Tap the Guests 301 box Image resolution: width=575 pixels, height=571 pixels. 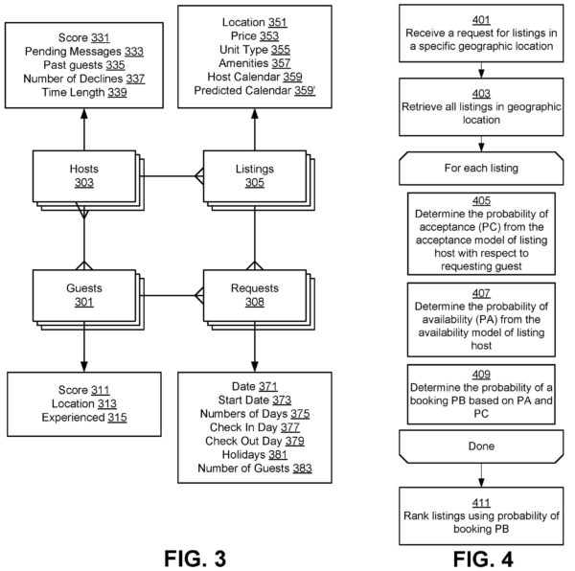click(x=83, y=294)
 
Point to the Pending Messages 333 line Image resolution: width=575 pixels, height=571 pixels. click(x=83, y=52)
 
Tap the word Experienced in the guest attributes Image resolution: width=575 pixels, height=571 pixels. click(x=73, y=419)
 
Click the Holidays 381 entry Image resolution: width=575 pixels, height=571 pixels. click(x=253, y=454)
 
